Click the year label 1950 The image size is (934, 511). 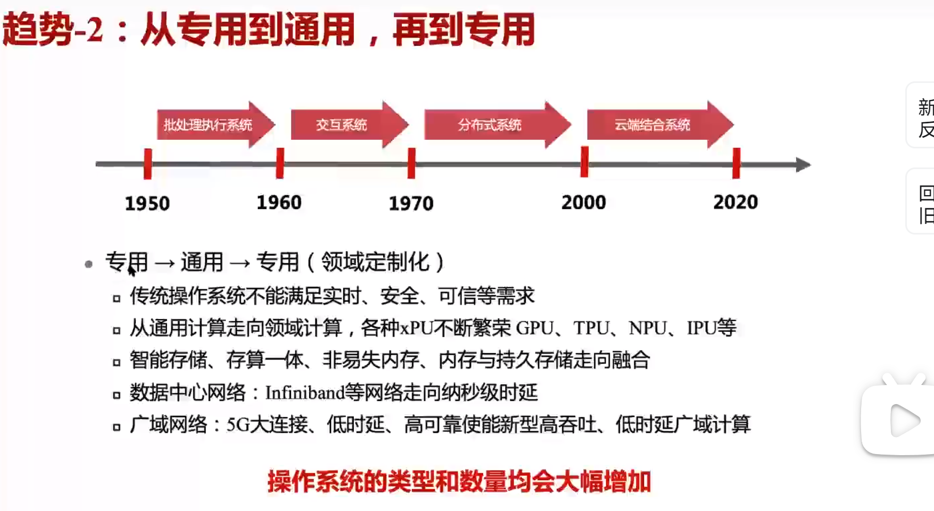[x=147, y=203]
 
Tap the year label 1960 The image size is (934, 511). [x=279, y=202]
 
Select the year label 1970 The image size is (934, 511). [x=411, y=203]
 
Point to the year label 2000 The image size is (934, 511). [x=584, y=202]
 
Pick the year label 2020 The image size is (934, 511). [x=735, y=202]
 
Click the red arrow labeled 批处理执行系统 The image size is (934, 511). [x=216, y=125]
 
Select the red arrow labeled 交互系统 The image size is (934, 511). [x=350, y=125]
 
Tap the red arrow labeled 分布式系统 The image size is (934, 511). [x=498, y=125]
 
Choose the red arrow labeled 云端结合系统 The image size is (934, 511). [x=660, y=125]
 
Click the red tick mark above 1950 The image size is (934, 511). [x=148, y=164]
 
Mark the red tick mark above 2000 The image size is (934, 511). [x=584, y=162]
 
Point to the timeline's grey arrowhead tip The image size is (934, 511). [x=811, y=164]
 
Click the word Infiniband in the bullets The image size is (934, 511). [x=305, y=393]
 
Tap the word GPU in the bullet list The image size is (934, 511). [x=535, y=328]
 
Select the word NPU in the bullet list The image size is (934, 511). [x=647, y=328]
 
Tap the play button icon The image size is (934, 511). [x=905, y=421]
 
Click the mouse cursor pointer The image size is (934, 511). [x=131, y=271]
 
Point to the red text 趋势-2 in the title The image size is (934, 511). [x=53, y=30]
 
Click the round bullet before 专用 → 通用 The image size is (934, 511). [x=88, y=264]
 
